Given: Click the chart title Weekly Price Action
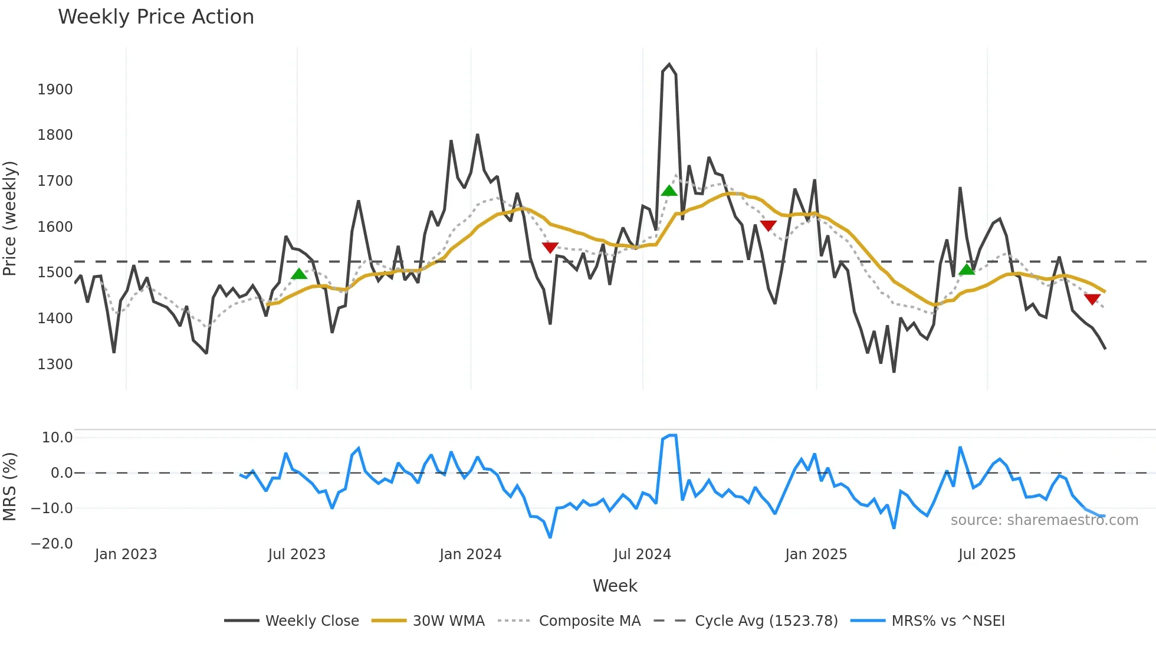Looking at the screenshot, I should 156,17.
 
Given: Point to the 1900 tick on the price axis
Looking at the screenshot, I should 55,90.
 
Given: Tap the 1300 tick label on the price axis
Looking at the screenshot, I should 55,365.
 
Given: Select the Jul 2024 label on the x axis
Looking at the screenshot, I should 642,554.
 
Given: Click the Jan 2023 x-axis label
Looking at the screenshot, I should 126,554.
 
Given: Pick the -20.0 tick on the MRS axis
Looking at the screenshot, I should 52,544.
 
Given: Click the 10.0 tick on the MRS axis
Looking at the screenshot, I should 57,438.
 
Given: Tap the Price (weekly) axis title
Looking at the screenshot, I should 9,218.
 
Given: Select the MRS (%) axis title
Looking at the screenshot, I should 9,487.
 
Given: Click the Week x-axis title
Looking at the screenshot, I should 615,586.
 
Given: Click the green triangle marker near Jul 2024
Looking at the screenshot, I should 669,191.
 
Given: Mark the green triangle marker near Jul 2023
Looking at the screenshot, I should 299,274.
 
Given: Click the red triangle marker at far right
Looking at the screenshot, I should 1092,299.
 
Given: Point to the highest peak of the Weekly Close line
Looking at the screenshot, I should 669,64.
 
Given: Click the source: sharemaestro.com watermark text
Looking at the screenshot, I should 1044,520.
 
